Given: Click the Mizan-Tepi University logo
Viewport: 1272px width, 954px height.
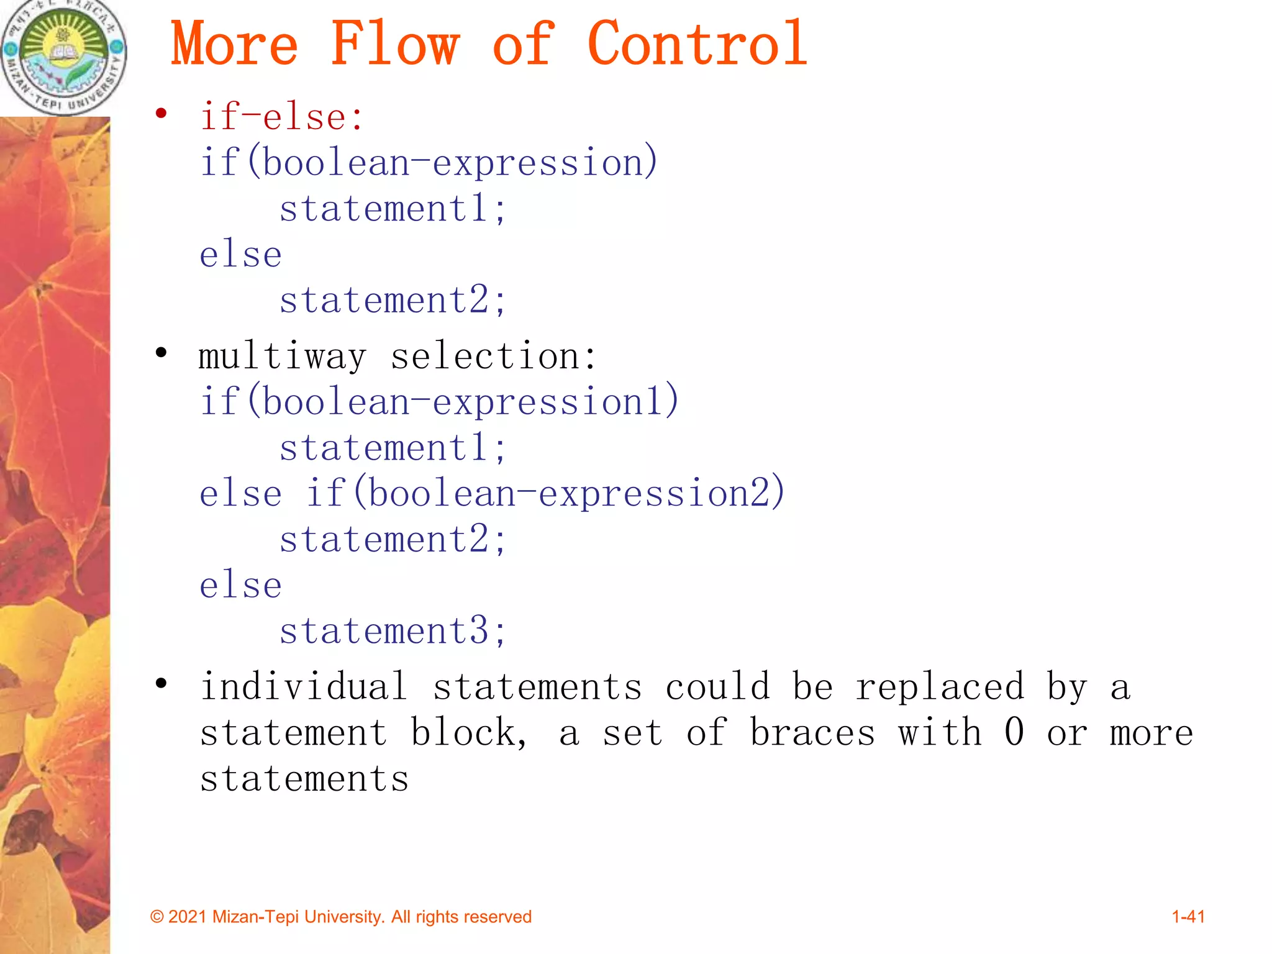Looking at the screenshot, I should click(63, 57).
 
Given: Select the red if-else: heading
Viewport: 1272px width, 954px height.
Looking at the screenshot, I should click(281, 117).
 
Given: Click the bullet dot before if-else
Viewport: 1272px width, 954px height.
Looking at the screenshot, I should click(161, 114).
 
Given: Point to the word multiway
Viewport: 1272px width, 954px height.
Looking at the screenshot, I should click(283, 357).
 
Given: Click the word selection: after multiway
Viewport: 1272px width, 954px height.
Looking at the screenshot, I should click(493, 357).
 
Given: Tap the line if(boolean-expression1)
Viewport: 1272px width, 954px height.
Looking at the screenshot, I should click(439, 401).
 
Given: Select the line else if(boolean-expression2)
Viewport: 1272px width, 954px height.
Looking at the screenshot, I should click(492, 493).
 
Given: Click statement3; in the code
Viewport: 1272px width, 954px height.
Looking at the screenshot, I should click(393, 631).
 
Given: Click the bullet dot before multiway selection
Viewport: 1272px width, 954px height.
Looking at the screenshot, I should click(161, 353).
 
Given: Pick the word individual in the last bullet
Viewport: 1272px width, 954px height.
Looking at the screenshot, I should click(304, 687).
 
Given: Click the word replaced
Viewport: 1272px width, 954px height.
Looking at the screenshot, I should click(940, 687).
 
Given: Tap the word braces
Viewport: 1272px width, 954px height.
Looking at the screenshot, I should click(812, 733).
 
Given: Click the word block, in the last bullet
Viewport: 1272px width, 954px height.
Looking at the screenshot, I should click(469, 733).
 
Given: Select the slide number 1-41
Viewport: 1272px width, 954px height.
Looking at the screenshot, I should click(1188, 917).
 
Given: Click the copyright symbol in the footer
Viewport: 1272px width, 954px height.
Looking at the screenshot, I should click(157, 917).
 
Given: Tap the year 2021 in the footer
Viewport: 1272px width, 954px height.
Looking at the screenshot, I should click(188, 917).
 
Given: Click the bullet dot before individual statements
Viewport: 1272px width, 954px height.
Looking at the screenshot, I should click(161, 684).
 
